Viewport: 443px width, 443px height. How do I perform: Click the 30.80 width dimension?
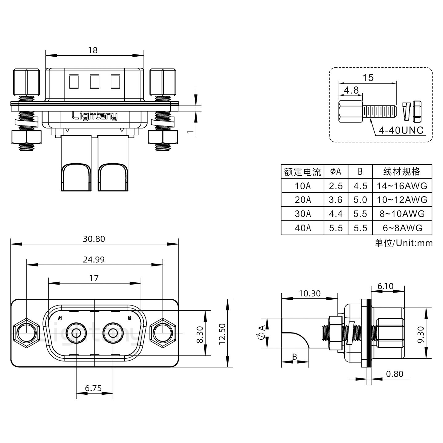(x=94, y=239)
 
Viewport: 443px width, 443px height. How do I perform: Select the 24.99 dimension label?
(x=94, y=260)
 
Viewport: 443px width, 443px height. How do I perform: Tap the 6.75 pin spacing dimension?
(x=94, y=388)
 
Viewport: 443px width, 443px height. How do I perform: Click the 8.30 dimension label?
(x=200, y=334)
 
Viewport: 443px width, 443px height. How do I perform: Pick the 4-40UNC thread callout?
(x=401, y=130)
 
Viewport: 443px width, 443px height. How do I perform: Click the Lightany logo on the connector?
(x=94, y=116)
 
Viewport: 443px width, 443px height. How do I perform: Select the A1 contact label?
(x=60, y=318)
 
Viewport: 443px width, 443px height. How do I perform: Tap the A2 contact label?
(x=129, y=318)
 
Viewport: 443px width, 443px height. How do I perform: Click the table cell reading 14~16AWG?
(x=402, y=186)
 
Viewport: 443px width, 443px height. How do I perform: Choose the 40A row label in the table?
(x=303, y=228)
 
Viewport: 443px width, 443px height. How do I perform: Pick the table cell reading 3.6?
(x=335, y=200)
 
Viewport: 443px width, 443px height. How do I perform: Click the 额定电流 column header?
(x=302, y=172)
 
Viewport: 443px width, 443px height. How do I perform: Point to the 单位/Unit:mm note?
(x=403, y=243)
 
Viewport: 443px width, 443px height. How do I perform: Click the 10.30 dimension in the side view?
(x=309, y=293)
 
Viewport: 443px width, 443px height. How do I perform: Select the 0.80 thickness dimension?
(x=394, y=374)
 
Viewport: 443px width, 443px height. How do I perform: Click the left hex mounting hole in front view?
(x=26, y=333)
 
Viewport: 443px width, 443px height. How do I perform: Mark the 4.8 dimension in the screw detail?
(x=351, y=90)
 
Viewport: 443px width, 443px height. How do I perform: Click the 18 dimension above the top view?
(x=93, y=50)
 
